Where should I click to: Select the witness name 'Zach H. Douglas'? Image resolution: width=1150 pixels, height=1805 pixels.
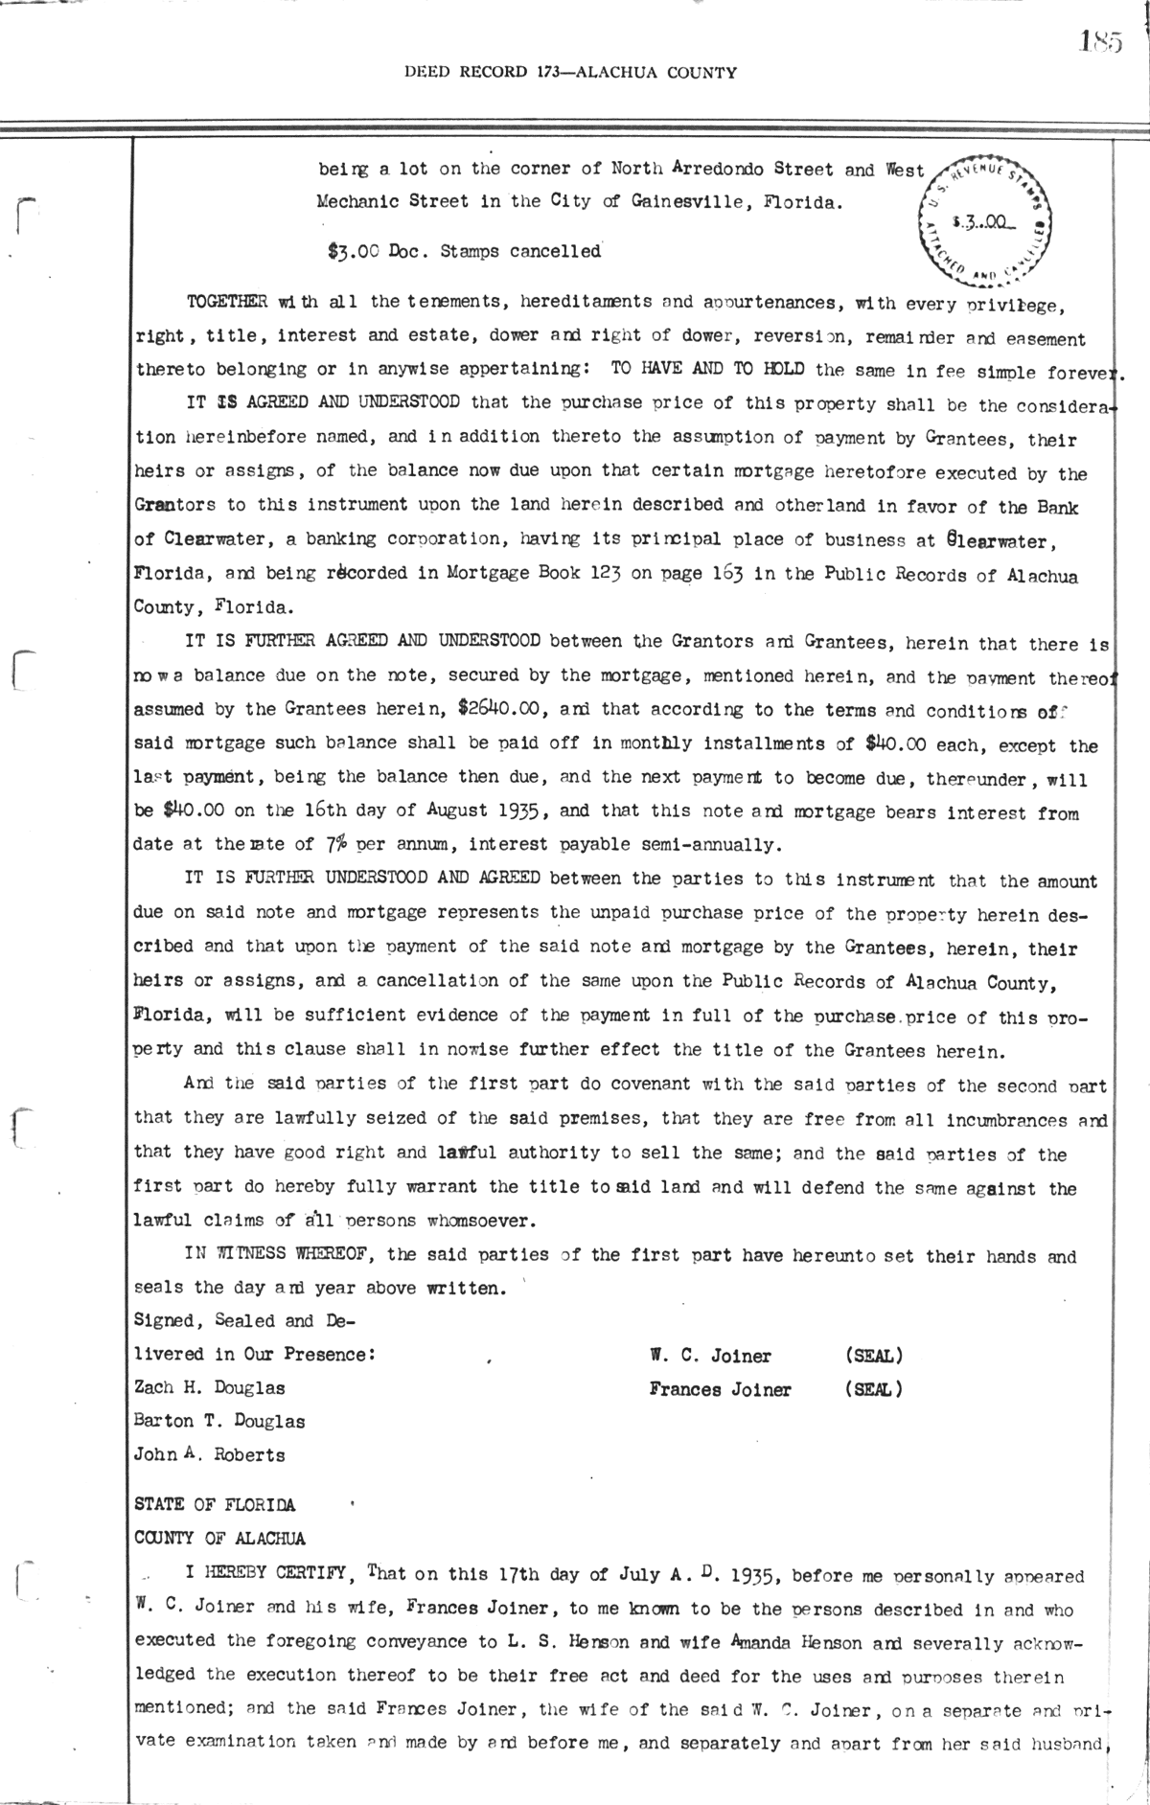coord(210,1387)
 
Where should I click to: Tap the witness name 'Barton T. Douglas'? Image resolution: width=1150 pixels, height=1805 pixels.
coord(219,1421)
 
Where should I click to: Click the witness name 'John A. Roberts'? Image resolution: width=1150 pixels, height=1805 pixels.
coord(210,1454)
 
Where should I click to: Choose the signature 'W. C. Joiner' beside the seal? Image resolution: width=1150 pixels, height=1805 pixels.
coord(710,1356)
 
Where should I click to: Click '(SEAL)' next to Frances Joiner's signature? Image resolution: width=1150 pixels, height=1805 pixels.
coord(873,1389)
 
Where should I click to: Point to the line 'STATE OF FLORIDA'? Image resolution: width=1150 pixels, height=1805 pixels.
coord(216,1504)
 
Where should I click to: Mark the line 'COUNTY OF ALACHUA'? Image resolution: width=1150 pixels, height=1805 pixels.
coord(220,1539)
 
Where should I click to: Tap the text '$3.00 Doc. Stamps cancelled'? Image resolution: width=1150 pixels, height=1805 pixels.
coord(464,252)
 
